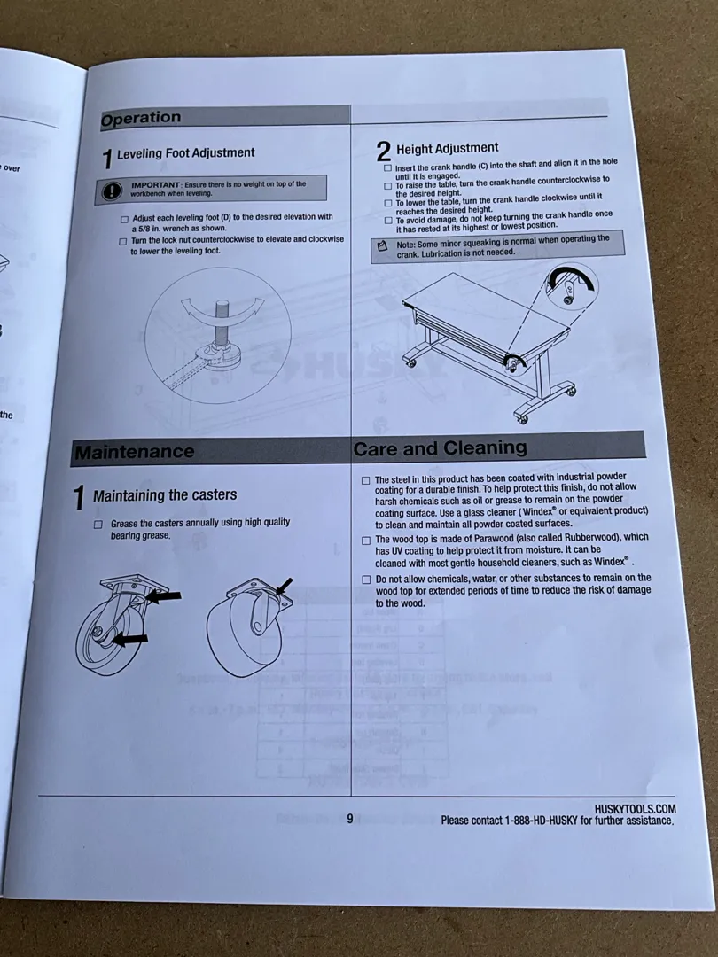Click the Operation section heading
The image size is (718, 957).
tap(141, 119)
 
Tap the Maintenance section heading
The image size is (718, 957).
tap(134, 452)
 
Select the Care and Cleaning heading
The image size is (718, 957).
tap(440, 448)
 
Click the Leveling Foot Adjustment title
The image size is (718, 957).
tap(186, 153)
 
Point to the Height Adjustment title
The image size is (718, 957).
tap(447, 149)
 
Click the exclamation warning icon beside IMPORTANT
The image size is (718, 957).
tap(111, 190)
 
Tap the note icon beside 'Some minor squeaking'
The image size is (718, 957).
tap(382, 245)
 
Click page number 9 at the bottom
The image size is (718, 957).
tap(349, 819)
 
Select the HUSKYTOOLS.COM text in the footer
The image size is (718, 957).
tap(635, 809)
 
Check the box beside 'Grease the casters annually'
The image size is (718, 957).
tap(98, 525)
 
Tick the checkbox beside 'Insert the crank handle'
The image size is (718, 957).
tap(387, 167)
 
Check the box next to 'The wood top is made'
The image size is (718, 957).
tap(365, 539)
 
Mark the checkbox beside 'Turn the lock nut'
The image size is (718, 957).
tap(122, 241)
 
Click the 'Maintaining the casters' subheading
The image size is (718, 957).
tap(165, 495)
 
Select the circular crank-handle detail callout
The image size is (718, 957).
tap(568, 289)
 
